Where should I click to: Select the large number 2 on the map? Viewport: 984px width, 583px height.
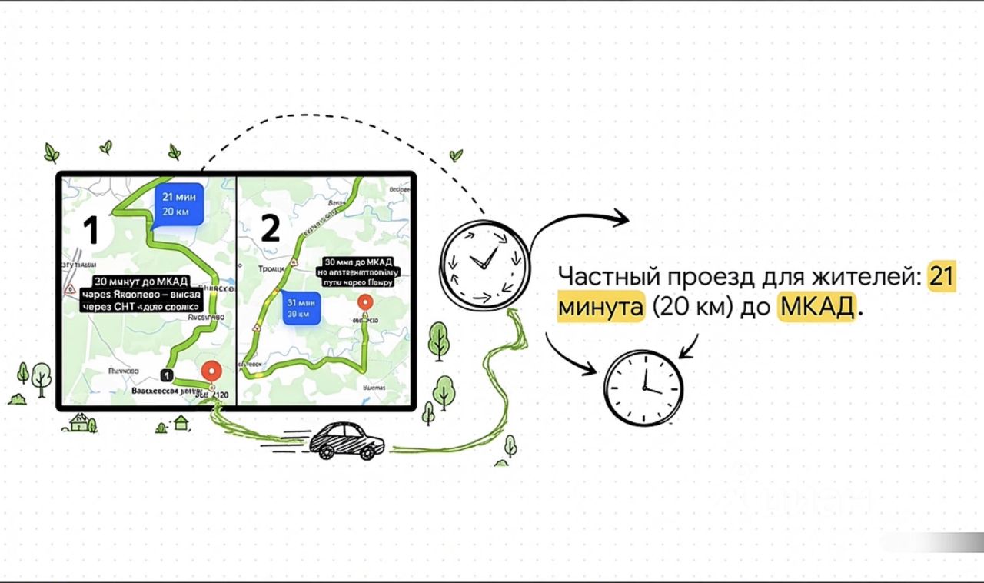(270, 227)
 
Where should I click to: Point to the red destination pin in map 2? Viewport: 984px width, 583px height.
(365, 302)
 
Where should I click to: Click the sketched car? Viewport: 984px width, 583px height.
(345, 441)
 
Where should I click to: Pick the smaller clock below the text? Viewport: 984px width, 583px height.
(643, 387)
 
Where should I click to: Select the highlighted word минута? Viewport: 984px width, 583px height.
(600, 308)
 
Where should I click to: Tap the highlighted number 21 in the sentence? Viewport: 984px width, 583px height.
(942, 275)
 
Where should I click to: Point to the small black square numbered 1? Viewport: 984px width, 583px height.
(166, 374)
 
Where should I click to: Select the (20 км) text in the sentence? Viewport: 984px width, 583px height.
(691, 308)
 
